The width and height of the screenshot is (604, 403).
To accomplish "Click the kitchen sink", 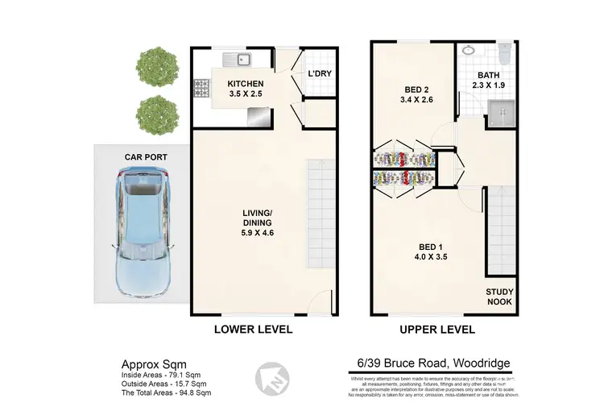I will [x=238, y=58].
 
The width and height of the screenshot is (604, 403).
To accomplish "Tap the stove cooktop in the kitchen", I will [x=201, y=85].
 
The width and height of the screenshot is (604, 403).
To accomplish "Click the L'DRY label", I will [x=320, y=75].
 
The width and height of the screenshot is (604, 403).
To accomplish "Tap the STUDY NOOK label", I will [x=499, y=297].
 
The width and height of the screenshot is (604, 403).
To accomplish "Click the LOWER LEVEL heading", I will [x=252, y=330].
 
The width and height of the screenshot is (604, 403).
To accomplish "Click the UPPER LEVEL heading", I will [x=436, y=330].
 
